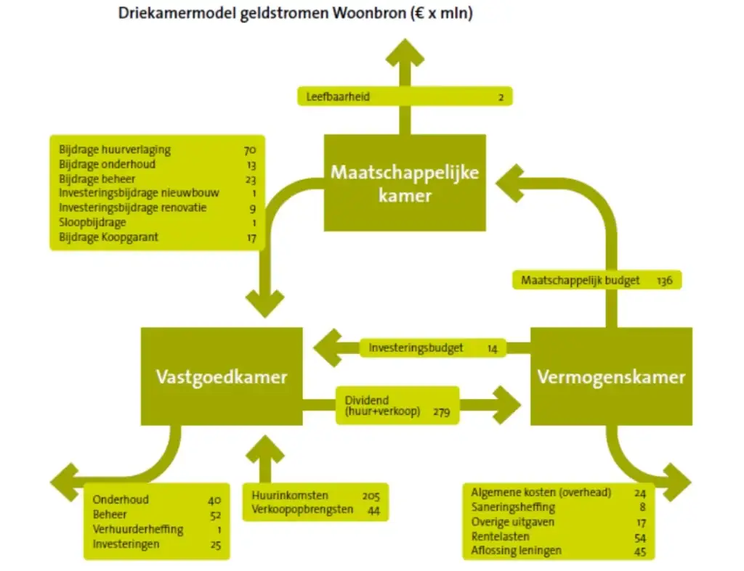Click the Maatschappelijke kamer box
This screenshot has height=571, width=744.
click(405, 183)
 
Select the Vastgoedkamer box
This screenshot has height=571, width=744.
click(222, 377)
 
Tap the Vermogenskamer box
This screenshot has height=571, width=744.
click(611, 377)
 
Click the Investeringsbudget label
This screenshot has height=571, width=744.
click(416, 348)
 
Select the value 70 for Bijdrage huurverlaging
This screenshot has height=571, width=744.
click(250, 150)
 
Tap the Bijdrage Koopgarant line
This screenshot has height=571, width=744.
click(109, 237)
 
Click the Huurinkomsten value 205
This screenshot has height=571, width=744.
click(371, 496)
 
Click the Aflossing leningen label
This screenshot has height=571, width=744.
click(516, 551)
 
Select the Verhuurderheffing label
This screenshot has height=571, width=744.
click(138, 530)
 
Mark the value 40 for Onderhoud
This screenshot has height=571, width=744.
click(214, 500)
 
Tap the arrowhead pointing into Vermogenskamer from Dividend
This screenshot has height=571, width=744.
click(506, 405)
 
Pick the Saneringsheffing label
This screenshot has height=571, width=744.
click(513, 508)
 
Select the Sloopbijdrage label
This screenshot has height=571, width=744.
click(92, 222)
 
